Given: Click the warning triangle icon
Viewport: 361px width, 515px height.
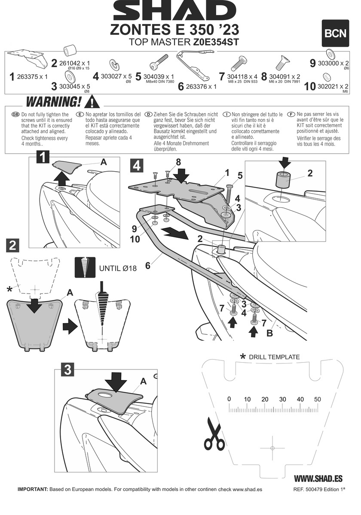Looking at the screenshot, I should [x=92, y=102].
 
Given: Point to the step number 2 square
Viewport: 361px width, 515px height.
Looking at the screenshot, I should [x=13, y=245].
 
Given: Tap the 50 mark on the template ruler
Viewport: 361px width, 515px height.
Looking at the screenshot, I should [x=317, y=399].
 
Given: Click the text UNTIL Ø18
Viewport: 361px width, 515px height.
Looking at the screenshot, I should [x=117, y=269].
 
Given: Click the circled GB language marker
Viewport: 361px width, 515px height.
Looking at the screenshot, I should [x=16, y=115].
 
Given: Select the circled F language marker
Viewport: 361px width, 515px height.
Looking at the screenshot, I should [x=292, y=115].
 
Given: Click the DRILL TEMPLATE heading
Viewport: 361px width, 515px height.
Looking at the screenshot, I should [x=274, y=357].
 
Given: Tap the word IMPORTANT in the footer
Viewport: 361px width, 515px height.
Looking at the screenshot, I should [x=32, y=489].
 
